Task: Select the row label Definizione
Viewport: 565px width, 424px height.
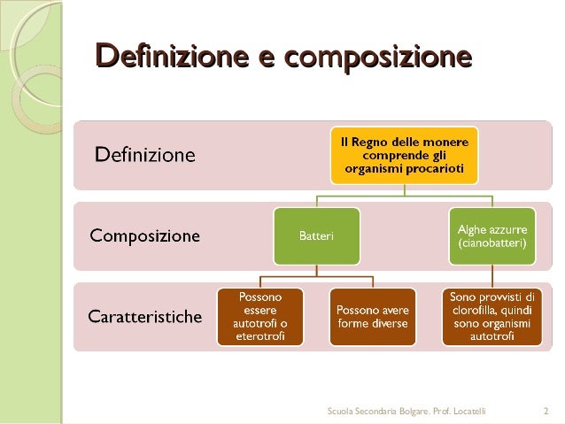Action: click(x=145, y=156)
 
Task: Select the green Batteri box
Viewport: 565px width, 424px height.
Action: click(x=316, y=236)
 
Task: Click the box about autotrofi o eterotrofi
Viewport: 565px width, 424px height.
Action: click(x=260, y=316)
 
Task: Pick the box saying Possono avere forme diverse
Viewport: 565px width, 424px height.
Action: click(x=372, y=316)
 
